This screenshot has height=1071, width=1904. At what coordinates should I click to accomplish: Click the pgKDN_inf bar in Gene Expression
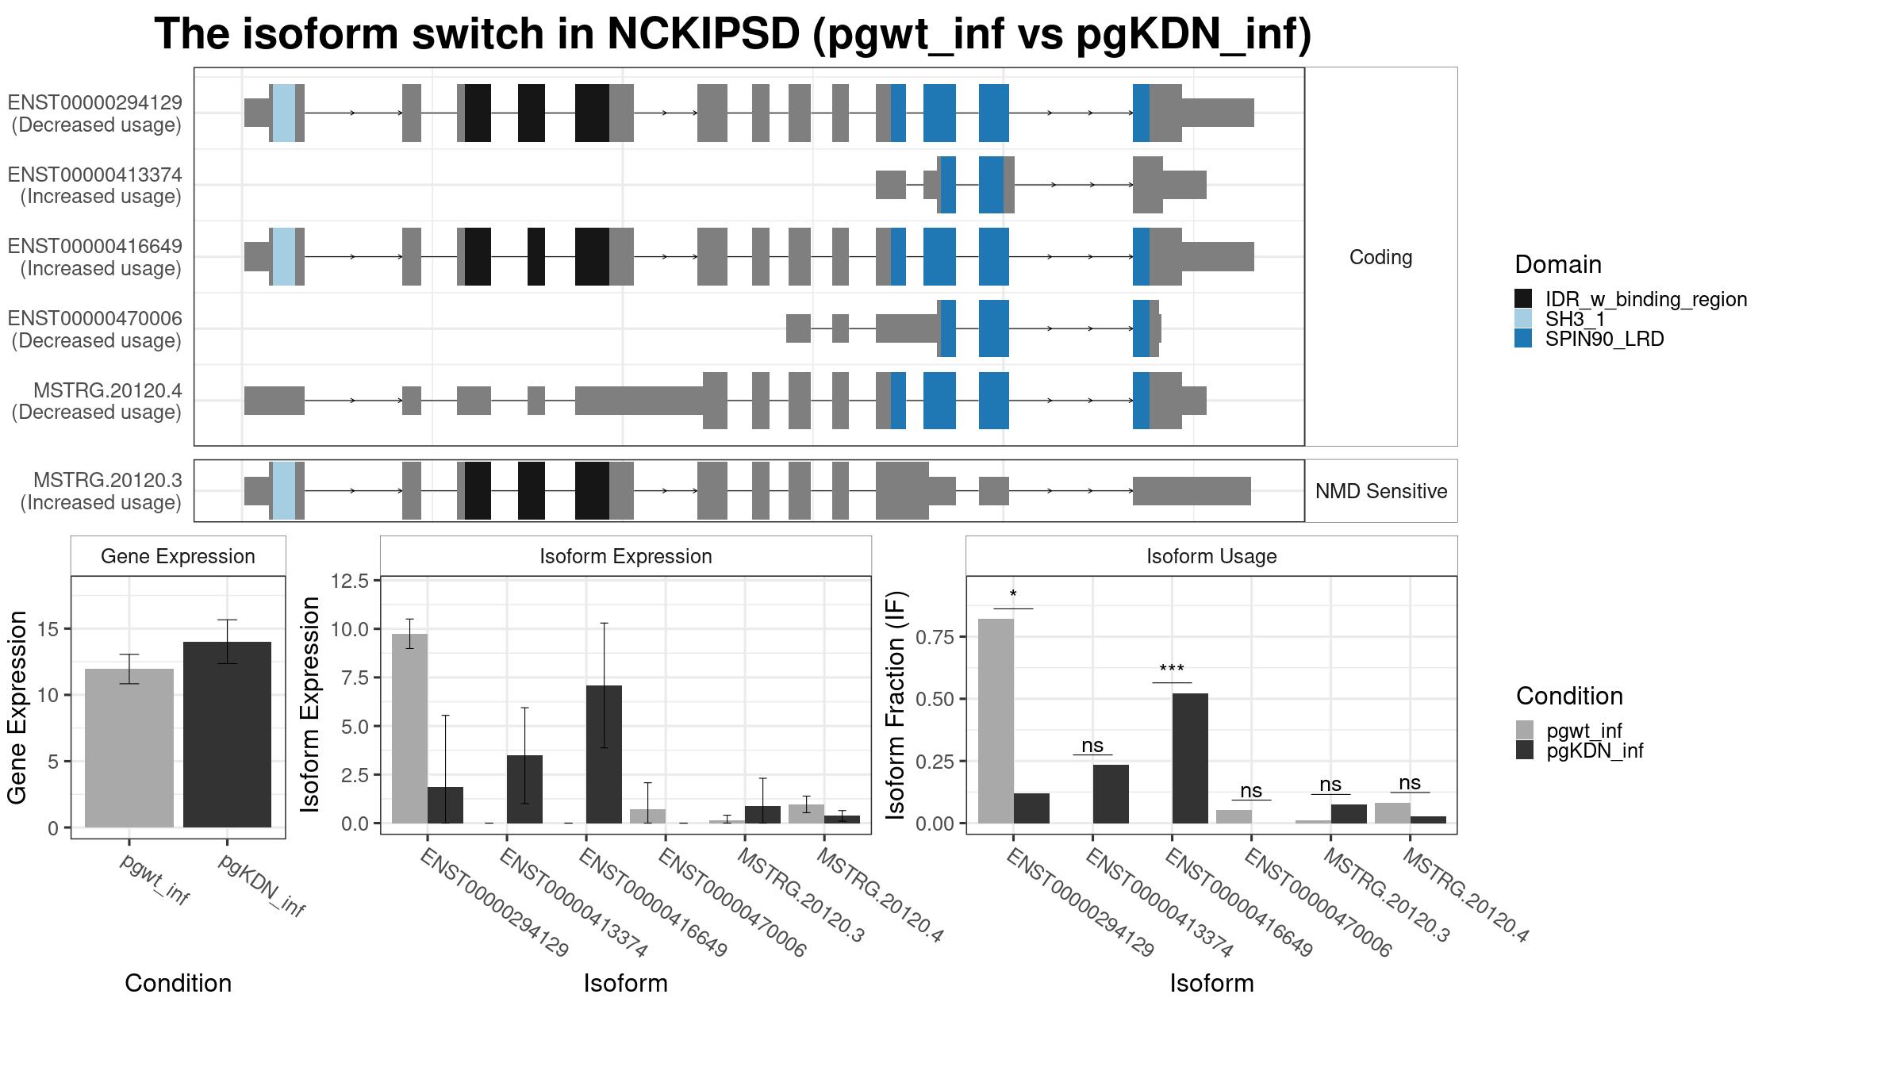[x=227, y=735]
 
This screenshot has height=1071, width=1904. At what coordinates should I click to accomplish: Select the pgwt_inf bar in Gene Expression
[x=129, y=748]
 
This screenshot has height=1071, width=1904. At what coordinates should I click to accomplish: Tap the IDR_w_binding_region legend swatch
[x=1523, y=298]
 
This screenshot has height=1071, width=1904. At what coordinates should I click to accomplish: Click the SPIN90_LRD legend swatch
[x=1523, y=339]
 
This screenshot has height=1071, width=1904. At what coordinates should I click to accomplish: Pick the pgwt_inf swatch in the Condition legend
[x=1525, y=730]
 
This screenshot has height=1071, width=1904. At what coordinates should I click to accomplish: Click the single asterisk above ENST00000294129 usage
[x=1013, y=595]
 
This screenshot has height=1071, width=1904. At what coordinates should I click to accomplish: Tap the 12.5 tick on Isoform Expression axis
[x=350, y=581]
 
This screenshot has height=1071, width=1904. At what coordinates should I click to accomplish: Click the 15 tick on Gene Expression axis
[x=48, y=629]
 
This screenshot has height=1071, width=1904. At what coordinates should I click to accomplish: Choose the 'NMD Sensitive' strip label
[x=1381, y=491]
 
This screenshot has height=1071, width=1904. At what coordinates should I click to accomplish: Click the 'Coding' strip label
[x=1381, y=257]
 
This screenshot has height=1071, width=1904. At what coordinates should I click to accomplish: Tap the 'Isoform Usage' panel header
[x=1211, y=556]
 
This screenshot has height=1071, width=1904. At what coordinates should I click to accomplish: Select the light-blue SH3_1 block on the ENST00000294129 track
[x=284, y=113]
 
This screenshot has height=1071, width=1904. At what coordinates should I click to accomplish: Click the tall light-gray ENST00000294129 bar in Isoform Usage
[x=996, y=721]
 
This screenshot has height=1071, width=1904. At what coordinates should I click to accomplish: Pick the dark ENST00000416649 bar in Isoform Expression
[x=604, y=754]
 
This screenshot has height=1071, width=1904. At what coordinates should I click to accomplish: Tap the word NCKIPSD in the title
[x=704, y=34]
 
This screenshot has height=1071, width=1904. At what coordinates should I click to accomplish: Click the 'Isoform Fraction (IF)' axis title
[x=896, y=704]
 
